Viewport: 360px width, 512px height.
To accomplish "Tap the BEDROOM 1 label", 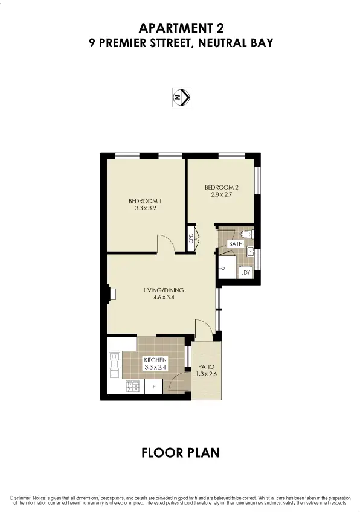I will coord(144,201).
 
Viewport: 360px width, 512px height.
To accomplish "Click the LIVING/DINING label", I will coord(163,290).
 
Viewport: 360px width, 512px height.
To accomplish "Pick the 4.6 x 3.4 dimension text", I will coord(163,298).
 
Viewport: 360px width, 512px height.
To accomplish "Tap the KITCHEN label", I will coord(155,360).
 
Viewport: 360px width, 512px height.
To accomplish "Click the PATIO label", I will coord(207,366).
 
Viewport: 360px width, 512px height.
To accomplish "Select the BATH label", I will coord(235,243).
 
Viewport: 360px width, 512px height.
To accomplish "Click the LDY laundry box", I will coord(246,272).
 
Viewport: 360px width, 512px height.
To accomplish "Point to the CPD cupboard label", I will coord(190,238).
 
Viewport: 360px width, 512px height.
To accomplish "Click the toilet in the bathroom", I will coord(245,233).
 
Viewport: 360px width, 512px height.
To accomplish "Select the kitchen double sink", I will coord(114,364).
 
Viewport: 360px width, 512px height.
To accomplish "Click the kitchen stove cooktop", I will coord(132,386).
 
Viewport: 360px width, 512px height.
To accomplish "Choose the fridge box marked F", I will coord(153,386).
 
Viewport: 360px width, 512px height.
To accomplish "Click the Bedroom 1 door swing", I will coord(166,244).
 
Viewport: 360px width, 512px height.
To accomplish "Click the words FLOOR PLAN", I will coord(180,452).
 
